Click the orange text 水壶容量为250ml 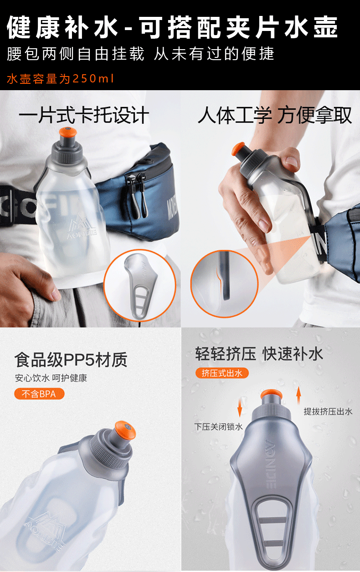click(60, 79)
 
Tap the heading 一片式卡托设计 click(84, 115)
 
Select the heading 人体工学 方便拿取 click(275, 115)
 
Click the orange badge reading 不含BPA click(39, 393)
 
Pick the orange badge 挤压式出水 click(222, 373)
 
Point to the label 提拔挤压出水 click(328, 411)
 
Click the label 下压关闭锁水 click(218, 426)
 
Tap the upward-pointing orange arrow click(298, 395)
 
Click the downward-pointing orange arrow click(240, 409)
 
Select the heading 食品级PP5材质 click(71, 360)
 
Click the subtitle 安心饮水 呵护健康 click(51, 378)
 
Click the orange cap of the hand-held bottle click(238, 149)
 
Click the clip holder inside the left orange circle click(140, 286)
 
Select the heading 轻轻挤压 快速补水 click(259, 354)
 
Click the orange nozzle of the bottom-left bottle click(125, 430)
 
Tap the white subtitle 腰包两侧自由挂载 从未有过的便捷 click(140, 54)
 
